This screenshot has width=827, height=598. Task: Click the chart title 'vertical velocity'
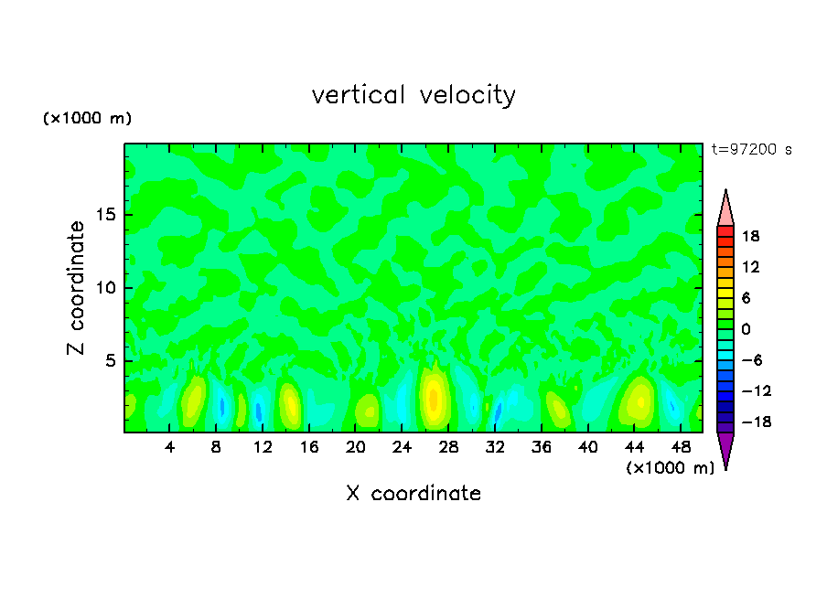(x=413, y=94)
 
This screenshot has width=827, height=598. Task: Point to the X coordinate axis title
(x=413, y=494)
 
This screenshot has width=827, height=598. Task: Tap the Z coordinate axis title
(x=76, y=288)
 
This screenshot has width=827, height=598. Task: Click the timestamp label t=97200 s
(x=751, y=149)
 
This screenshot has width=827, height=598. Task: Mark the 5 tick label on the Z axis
(x=108, y=361)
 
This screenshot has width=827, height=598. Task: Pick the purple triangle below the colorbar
(x=725, y=448)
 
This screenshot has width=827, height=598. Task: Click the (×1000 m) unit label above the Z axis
(x=87, y=119)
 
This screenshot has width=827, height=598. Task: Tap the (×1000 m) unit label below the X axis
(x=670, y=468)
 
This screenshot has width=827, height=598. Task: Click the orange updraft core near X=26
(x=434, y=399)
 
